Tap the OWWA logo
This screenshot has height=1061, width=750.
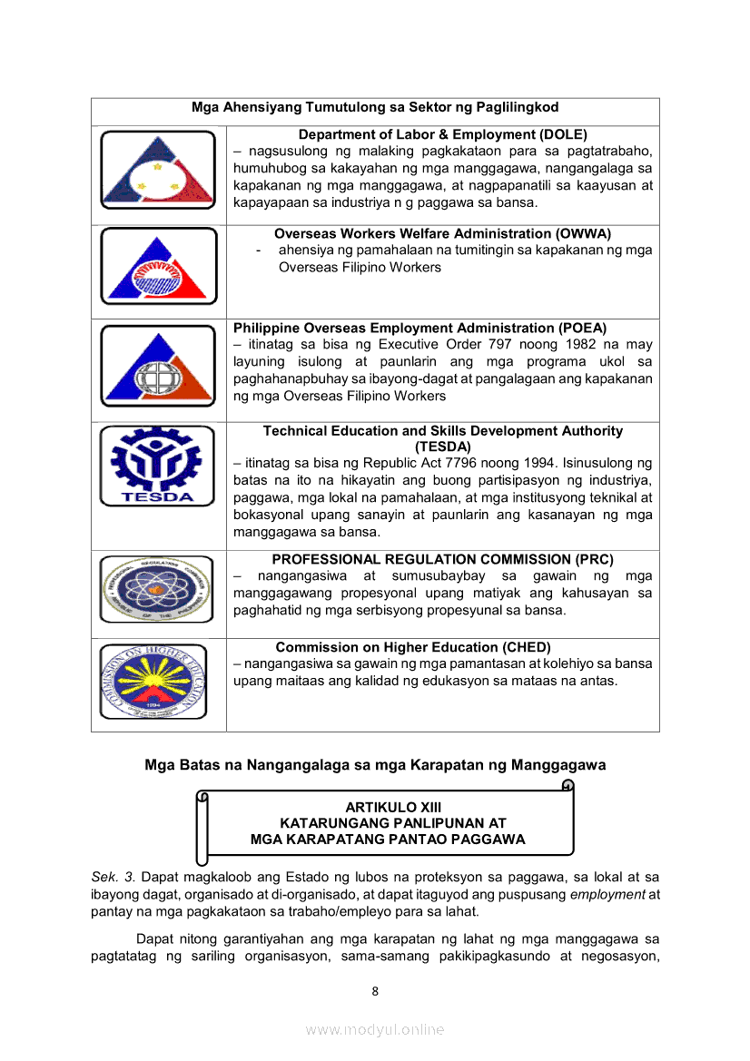point(158,267)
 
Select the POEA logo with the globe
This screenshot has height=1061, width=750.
point(158,366)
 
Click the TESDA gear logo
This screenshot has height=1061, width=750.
point(158,467)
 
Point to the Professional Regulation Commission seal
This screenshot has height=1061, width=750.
point(158,589)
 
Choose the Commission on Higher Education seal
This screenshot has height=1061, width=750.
point(158,682)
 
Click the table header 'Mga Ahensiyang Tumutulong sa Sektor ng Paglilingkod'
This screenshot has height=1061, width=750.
point(375,108)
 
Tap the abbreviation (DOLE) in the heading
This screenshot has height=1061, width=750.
point(563,134)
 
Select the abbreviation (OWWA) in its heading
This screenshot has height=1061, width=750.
point(580,233)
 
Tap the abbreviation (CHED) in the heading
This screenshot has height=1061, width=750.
point(527,647)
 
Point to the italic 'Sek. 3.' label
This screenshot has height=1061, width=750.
point(113,877)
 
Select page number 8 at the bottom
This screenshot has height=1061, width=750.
point(375,991)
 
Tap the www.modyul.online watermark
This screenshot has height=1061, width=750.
point(375,1029)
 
